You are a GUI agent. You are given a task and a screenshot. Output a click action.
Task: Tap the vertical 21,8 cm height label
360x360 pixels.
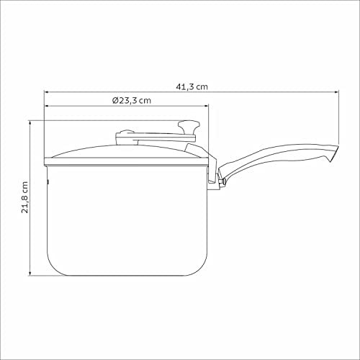pyautogui.click(x=26, y=197)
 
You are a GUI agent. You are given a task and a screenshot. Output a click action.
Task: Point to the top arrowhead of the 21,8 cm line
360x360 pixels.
pyautogui.click(x=30, y=122)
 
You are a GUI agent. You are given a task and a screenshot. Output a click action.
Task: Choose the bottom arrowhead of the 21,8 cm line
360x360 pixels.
pyautogui.click(x=30, y=274)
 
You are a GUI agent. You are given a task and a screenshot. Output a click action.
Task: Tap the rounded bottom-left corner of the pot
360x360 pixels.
pyautogui.click(x=53, y=267)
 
